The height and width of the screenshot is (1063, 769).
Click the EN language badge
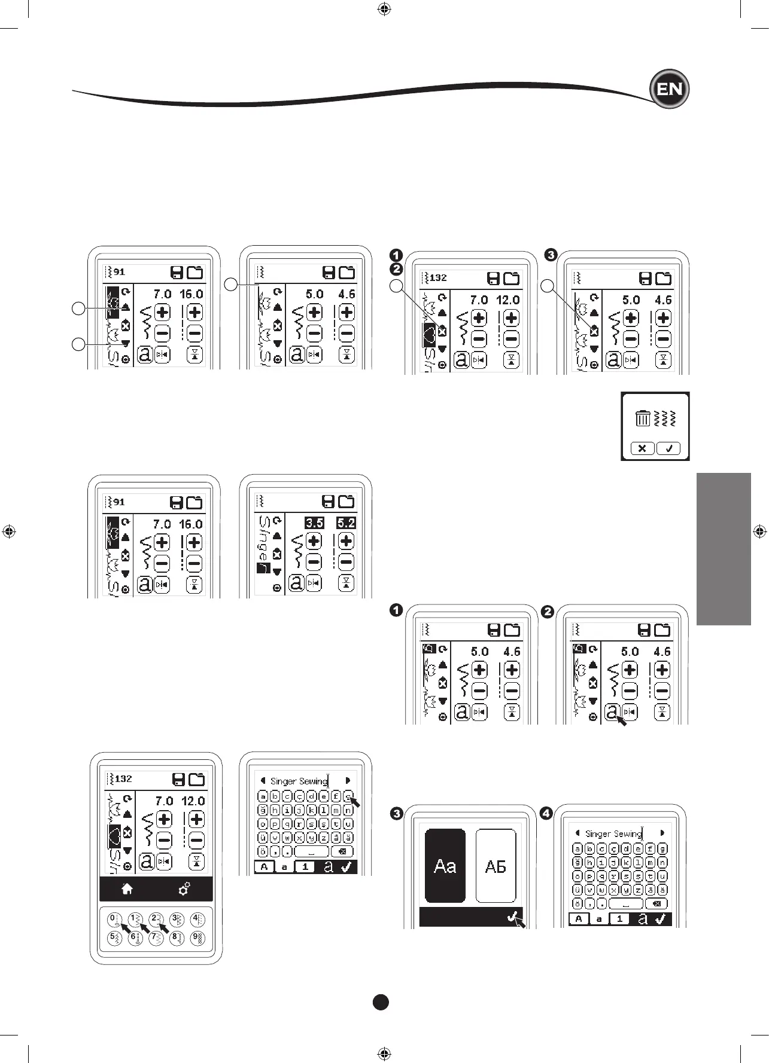tap(670, 90)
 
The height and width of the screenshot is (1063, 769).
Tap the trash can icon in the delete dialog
tap(643, 418)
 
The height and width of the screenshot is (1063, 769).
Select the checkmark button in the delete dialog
tap(668, 448)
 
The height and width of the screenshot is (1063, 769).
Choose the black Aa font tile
tap(445, 865)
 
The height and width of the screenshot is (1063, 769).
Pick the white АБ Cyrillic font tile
tap(496, 865)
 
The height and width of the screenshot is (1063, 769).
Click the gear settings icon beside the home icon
tap(184, 889)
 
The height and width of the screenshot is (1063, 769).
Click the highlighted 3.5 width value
tap(314, 523)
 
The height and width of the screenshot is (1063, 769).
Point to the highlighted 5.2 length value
tap(346, 523)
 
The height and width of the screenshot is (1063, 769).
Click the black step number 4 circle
tap(546, 814)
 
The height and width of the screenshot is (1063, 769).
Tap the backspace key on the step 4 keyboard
tap(656, 903)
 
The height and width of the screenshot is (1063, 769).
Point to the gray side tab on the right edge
tap(724, 548)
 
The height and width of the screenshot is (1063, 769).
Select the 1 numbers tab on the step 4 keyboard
tap(619, 919)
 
